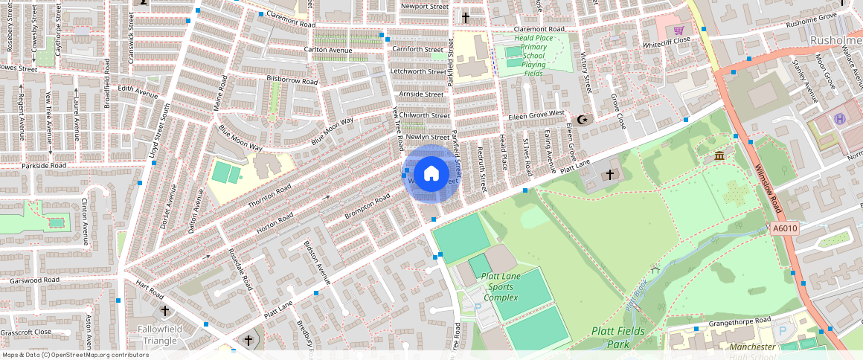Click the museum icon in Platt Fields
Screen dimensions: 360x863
coord(719,155)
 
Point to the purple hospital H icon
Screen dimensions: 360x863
coord(840,119)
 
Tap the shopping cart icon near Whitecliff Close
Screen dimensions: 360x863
coord(678,30)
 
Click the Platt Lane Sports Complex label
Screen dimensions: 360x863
coord(500,286)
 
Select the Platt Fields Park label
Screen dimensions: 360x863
coord(616,337)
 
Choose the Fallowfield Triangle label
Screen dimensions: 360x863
coord(158,335)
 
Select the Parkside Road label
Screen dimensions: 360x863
coord(44,165)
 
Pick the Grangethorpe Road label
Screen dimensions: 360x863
coord(731,321)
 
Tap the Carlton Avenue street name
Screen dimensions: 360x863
coord(327,50)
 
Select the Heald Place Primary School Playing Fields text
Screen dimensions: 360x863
coord(530,56)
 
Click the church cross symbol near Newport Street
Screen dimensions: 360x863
coord(466,17)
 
